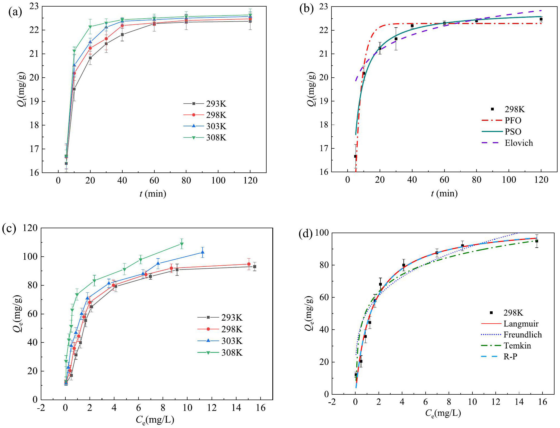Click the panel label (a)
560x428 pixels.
pos(15,12)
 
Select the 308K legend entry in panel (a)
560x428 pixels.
pos(205,137)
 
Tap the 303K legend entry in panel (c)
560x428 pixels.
pos(220,341)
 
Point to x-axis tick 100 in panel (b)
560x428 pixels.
pos(509,180)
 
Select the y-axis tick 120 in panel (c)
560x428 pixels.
pos(30,228)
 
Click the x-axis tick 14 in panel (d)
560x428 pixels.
pos(519,402)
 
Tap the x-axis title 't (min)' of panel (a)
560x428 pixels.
pos(153,194)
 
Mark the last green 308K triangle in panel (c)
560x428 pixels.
pos(181,244)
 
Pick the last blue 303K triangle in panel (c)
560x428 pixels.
pos(203,252)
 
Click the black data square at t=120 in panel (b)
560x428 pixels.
pos(541,19)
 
